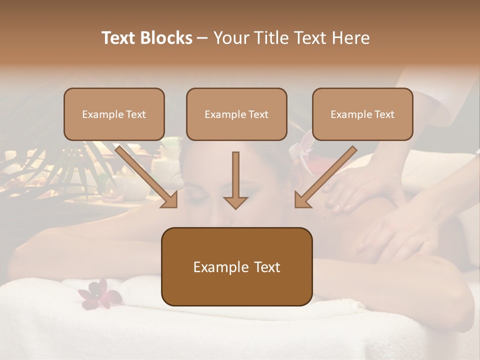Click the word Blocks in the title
click(x=168, y=38)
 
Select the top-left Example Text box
click(x=114, y=114)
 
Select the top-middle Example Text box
click(x=236, y=114)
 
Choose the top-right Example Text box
click(x=362, y=114)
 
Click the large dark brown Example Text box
click(x=236, y=266)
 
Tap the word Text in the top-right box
click(x=384, y=114)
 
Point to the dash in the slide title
click(x=202, y=38)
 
